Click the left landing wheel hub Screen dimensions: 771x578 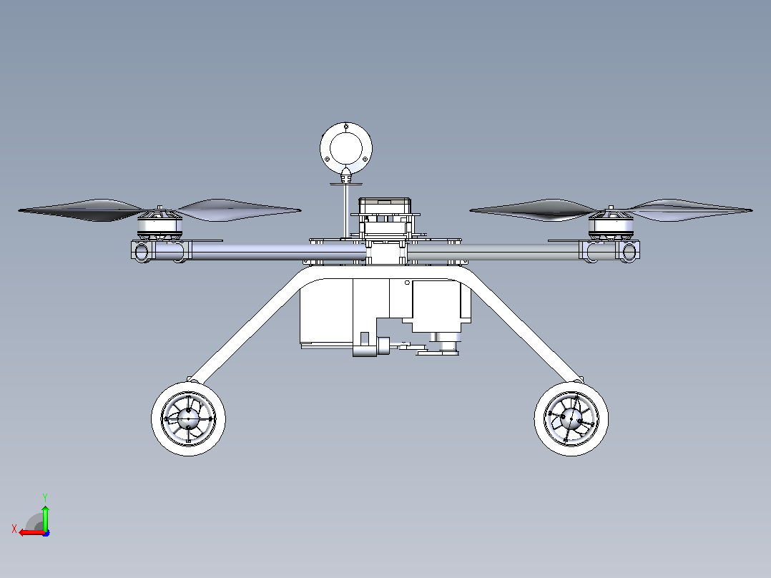[x=188, y=419]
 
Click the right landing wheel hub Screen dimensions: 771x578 [x=571, y=419]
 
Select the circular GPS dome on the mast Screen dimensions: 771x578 [x=346, y=148]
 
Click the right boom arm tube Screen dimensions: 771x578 [x=494, y=251]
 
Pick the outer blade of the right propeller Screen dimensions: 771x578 [x=691, y=210]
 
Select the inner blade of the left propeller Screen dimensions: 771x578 [x=238, y=210]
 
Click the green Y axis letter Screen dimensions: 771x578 [x=45, y=497]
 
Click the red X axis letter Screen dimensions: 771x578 [x=14, y=529]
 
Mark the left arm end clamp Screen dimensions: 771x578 [x=142, y=251]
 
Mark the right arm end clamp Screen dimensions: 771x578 [x=628, y=251]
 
